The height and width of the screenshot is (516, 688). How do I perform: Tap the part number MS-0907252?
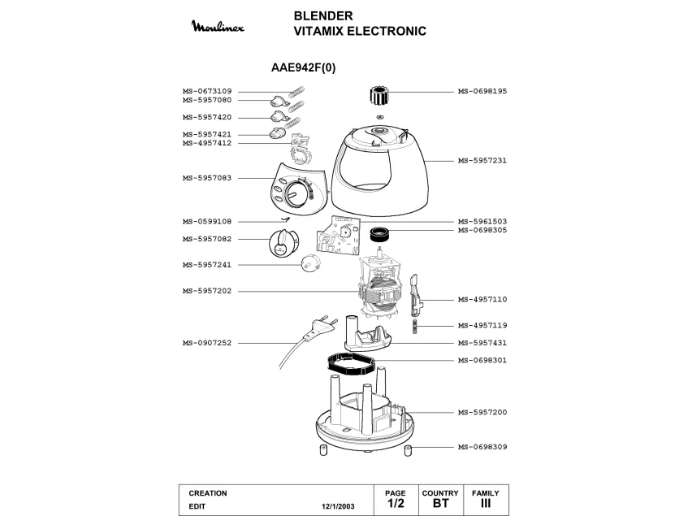click(207, 343)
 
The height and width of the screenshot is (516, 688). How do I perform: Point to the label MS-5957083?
click(207, 177)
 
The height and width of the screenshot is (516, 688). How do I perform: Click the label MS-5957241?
click(207, 264)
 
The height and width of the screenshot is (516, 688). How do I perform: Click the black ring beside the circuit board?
click(380, 235)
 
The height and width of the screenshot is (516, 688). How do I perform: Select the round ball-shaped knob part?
click(311, 263)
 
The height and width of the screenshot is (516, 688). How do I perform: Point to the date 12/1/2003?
click(337, 505)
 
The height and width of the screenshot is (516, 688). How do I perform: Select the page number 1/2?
click(396, 504)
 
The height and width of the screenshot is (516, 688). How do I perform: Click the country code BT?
click(440, 504)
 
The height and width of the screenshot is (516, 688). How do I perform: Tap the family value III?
click(485, 504)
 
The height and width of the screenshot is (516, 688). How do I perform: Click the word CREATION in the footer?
click(207, 493)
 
